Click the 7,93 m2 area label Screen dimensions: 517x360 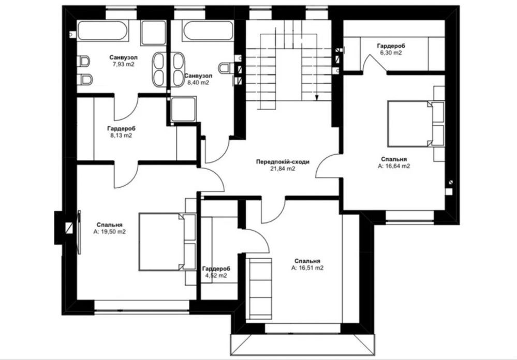tap(123, 65)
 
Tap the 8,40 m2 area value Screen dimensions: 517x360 tap(198, 83)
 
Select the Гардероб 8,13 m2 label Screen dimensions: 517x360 tap(121, 131)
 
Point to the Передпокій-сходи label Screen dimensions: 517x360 tap(283, 162)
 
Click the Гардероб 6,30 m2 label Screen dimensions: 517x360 tap(391, 49)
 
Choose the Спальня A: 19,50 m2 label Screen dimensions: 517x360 tap(110, 228)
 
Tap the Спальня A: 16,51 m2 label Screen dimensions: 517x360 tap(307, 264)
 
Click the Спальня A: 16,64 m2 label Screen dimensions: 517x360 tap(394, 163)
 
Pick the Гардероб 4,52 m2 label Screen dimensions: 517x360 tap(216, 272)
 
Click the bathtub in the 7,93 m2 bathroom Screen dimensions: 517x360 tap(102, 31)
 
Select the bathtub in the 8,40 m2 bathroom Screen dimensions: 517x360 tap(208, 31)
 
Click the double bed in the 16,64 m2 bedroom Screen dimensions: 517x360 tap(416, 124)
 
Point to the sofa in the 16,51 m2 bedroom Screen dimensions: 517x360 tap(261, 289)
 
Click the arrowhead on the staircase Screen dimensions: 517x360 tap(317, 98)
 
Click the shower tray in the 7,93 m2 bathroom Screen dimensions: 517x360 tap(153, 33)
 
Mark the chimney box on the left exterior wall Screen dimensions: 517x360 tap(63, 228)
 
